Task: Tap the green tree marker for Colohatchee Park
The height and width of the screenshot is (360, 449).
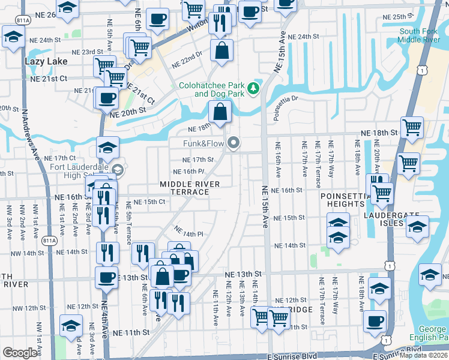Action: [x=254, y=89]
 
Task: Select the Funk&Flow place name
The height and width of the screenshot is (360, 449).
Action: [x=203, y=143]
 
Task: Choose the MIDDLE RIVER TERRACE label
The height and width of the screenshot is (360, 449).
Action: [x=184, y=188]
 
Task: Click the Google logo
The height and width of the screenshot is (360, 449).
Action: [x=20, y=353]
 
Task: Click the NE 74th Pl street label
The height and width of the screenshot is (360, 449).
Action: [x=189, y=232]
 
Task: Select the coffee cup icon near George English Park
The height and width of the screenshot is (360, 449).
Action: [x=375, y=319]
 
